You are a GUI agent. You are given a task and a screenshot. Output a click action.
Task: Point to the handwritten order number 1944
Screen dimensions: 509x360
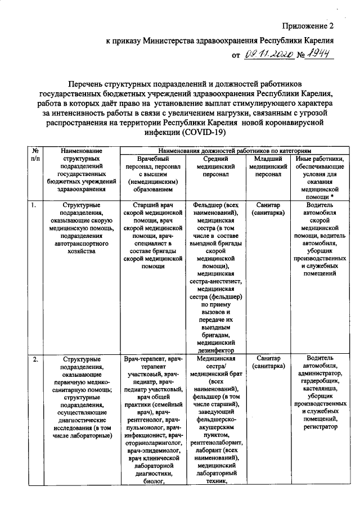[317, 53]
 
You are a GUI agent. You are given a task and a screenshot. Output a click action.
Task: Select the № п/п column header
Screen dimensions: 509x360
[35, 155]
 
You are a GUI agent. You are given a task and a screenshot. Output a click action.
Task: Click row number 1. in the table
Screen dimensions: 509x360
[34, 205]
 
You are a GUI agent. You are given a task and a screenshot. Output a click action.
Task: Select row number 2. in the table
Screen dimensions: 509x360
[35, 358]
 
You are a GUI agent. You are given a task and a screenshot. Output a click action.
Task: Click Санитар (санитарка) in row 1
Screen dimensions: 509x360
[264, 210]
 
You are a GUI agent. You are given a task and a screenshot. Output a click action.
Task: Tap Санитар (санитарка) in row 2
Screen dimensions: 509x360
[264, 362]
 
